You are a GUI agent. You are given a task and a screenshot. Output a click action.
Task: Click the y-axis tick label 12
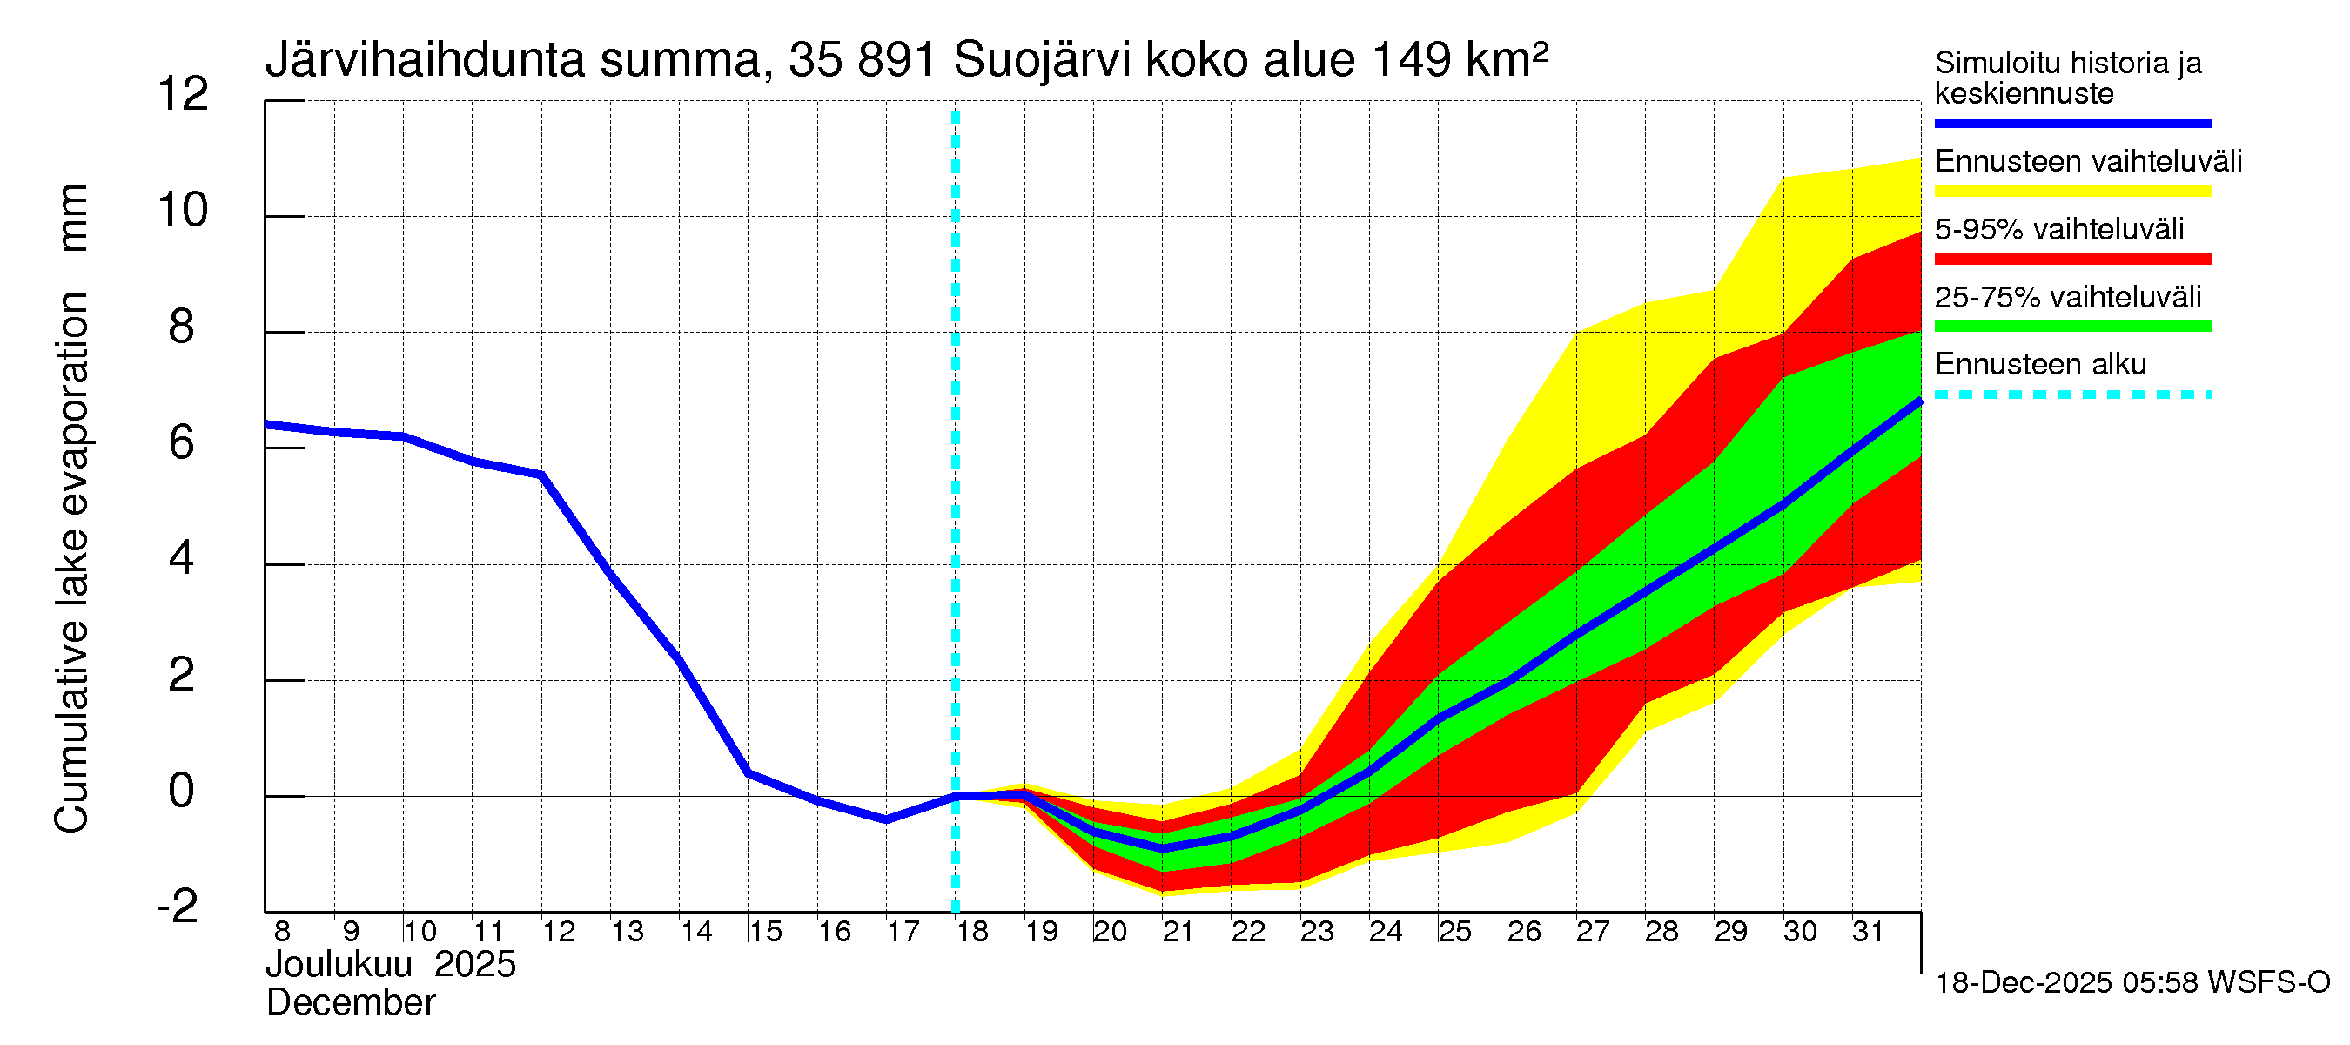point(183,95)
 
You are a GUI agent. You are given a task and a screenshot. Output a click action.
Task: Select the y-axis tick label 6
point(182,443)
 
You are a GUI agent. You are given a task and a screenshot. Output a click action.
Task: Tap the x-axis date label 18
point(972,932)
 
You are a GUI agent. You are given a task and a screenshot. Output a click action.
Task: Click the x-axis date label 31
point(1868,932)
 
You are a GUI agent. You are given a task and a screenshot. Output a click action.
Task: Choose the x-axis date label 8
point(282,932)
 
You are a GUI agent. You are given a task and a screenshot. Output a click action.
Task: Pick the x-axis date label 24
point(1385,932)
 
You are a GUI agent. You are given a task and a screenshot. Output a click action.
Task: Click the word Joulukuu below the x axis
point(339,965)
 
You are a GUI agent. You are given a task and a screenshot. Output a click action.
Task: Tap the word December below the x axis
point(350,1003)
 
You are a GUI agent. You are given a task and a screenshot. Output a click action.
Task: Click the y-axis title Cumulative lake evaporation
point(72,562)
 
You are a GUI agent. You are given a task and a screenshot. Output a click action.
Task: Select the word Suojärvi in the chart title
point(1042,61)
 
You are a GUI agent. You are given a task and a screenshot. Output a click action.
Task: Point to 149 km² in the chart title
point(1459,59)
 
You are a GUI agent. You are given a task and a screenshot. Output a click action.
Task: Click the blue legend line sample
point(2071,123)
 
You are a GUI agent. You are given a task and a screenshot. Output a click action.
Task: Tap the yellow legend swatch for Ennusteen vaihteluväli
point(2071,192)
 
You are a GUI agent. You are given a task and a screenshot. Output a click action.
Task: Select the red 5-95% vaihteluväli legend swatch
point(2071,260)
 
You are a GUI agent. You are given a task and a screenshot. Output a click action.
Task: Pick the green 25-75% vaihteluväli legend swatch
point(2071,327)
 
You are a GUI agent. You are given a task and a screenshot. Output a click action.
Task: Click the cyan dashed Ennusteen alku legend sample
point(2071,395)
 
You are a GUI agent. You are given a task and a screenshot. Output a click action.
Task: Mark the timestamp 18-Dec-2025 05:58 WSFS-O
point(2132,983)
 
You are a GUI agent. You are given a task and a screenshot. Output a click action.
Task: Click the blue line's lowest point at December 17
point(886,819)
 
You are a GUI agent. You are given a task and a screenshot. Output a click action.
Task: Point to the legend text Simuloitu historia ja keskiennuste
point(2067,78)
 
